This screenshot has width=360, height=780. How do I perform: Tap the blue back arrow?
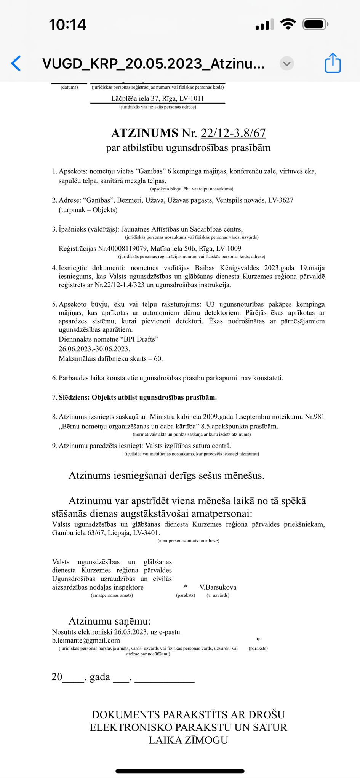point(16,63)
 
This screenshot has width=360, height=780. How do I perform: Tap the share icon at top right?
point(333,63)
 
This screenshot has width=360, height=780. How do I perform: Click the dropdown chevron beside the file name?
point(287,64)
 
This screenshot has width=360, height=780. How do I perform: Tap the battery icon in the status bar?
point(315,25)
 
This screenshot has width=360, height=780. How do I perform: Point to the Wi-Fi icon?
point(288,24)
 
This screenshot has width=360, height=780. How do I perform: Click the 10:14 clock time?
point(67,25)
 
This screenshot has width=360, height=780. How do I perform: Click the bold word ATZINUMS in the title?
point(144,133)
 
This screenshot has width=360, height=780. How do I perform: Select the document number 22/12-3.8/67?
point(233,133)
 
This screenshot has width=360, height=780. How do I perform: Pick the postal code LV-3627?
point(281,200)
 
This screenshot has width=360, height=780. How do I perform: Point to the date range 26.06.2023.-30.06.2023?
point(94,349)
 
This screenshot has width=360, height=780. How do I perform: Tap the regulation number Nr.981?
point(314,417)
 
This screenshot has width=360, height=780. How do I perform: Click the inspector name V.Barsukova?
point(218,587)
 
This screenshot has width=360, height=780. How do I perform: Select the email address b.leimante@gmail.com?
point(86,641)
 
